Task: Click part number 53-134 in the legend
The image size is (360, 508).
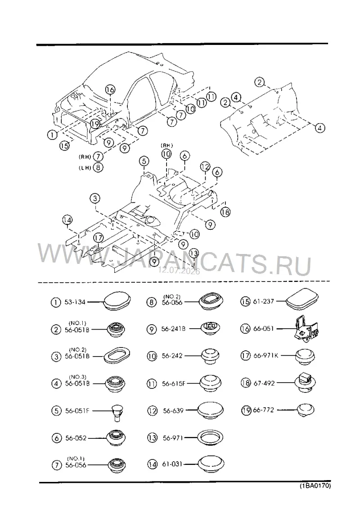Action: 75,302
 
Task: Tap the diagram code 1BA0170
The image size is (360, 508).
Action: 315,486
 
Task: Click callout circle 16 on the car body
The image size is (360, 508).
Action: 110,90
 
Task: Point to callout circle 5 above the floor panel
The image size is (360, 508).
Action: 144,161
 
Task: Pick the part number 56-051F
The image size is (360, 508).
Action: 77,411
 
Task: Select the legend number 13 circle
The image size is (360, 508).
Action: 152,438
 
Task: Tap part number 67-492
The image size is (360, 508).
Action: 264,383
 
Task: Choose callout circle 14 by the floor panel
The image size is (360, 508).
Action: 67,220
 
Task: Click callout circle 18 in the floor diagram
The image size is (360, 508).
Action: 225,212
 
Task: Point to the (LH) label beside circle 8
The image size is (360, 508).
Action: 85,168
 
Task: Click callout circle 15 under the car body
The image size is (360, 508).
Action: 64,146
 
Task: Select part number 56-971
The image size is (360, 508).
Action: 173,438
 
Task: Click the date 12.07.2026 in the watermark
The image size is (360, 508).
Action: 179,271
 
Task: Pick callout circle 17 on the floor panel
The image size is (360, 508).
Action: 98,238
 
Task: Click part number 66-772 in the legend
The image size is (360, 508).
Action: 263,410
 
